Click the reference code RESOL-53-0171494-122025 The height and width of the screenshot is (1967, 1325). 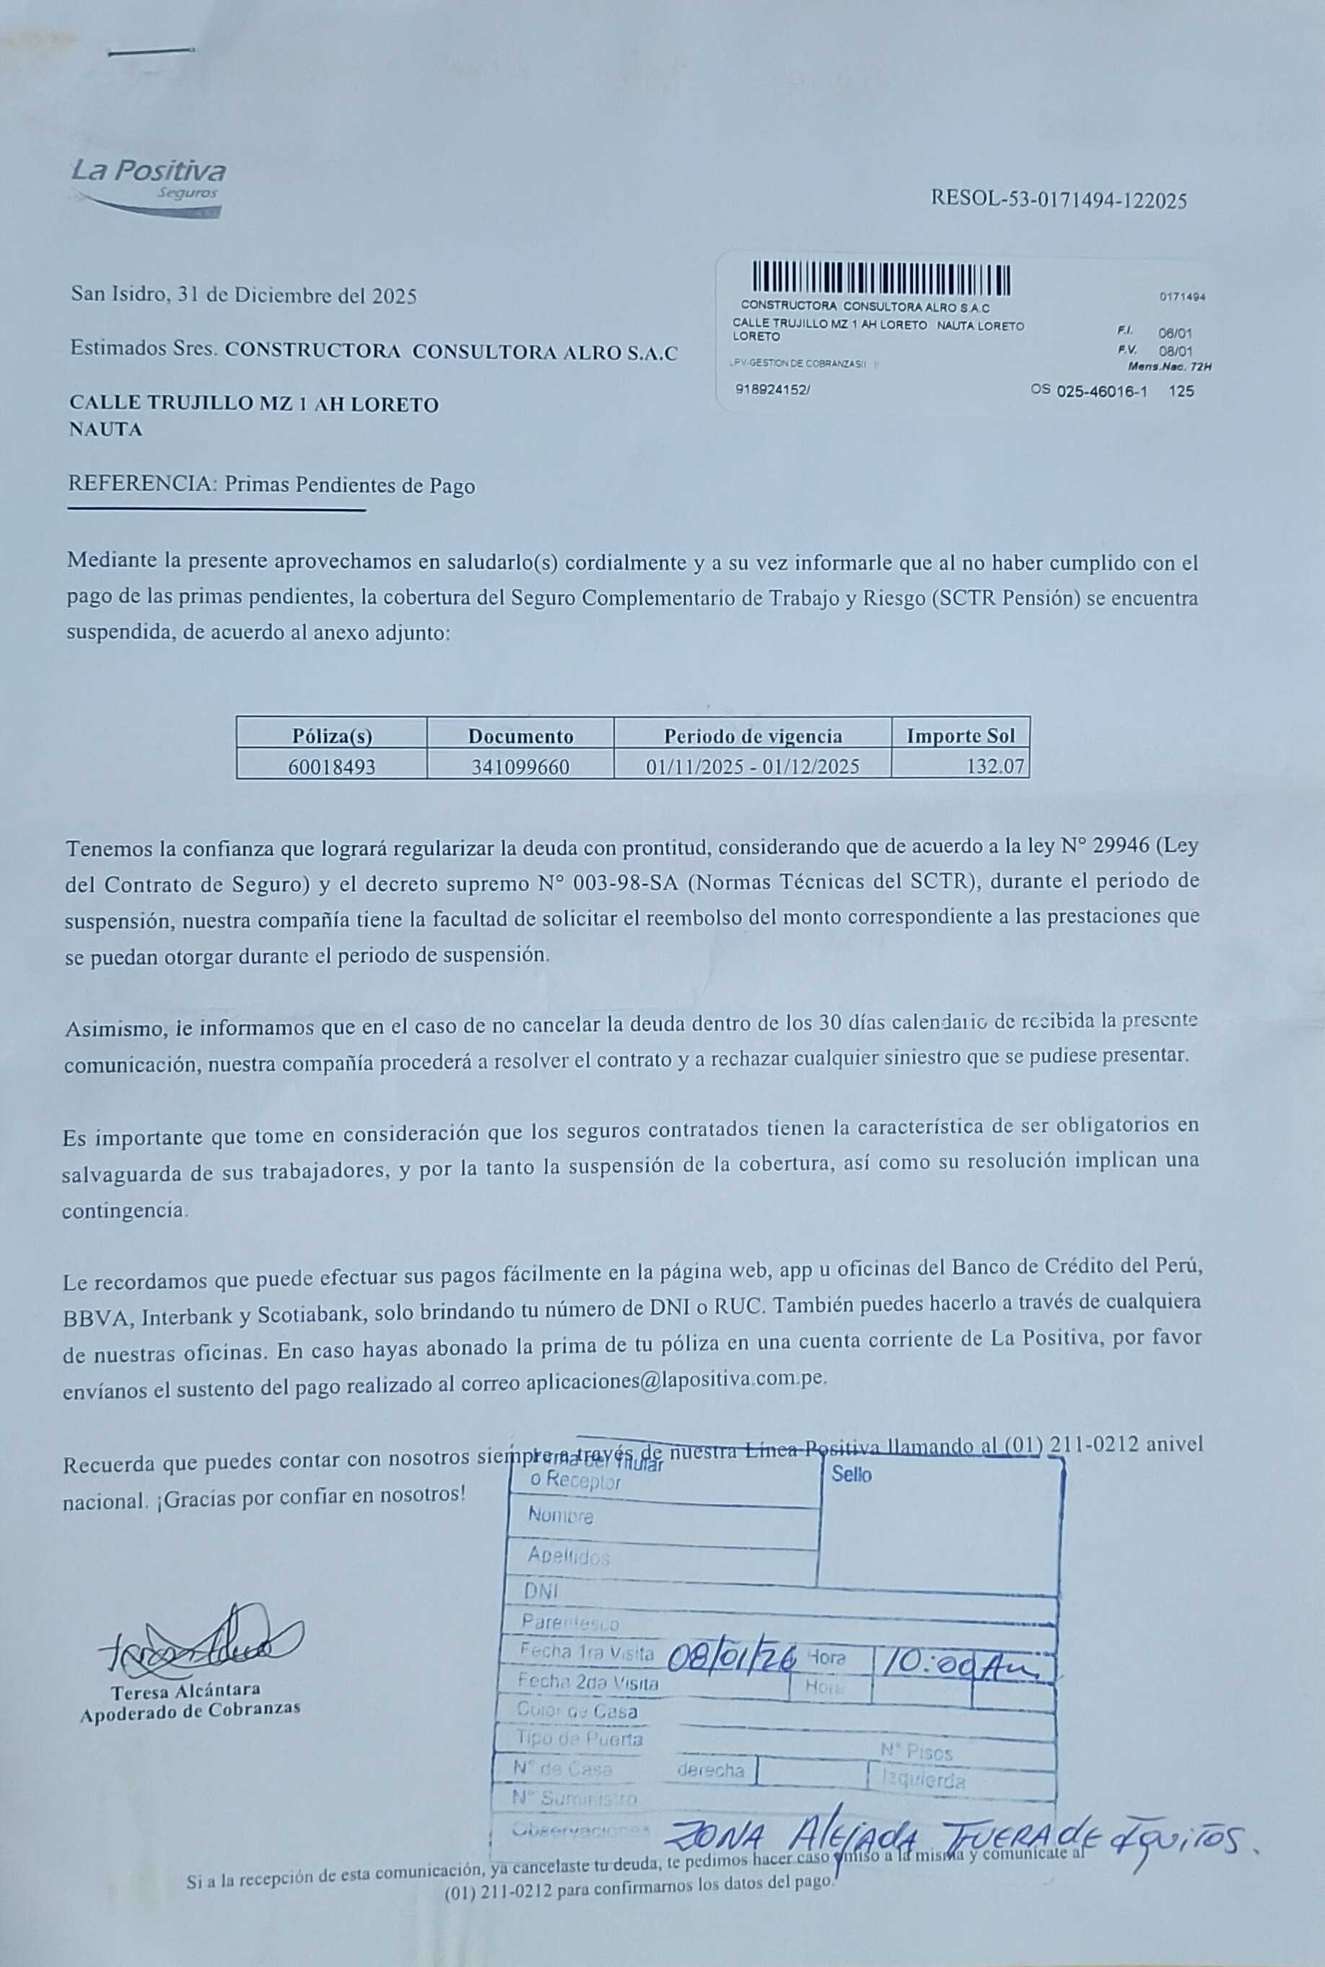1058,200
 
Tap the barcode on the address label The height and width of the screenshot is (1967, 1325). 881,278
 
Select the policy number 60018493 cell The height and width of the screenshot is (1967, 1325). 331,767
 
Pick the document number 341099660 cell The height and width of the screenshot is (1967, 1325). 520,767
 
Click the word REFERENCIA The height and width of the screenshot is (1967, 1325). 141,485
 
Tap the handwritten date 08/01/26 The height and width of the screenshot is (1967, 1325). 731,1659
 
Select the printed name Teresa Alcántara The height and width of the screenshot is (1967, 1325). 186,1690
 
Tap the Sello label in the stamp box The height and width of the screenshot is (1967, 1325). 851,1475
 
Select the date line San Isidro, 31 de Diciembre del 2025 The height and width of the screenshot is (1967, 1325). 243,296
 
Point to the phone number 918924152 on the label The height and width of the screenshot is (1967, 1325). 771,391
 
